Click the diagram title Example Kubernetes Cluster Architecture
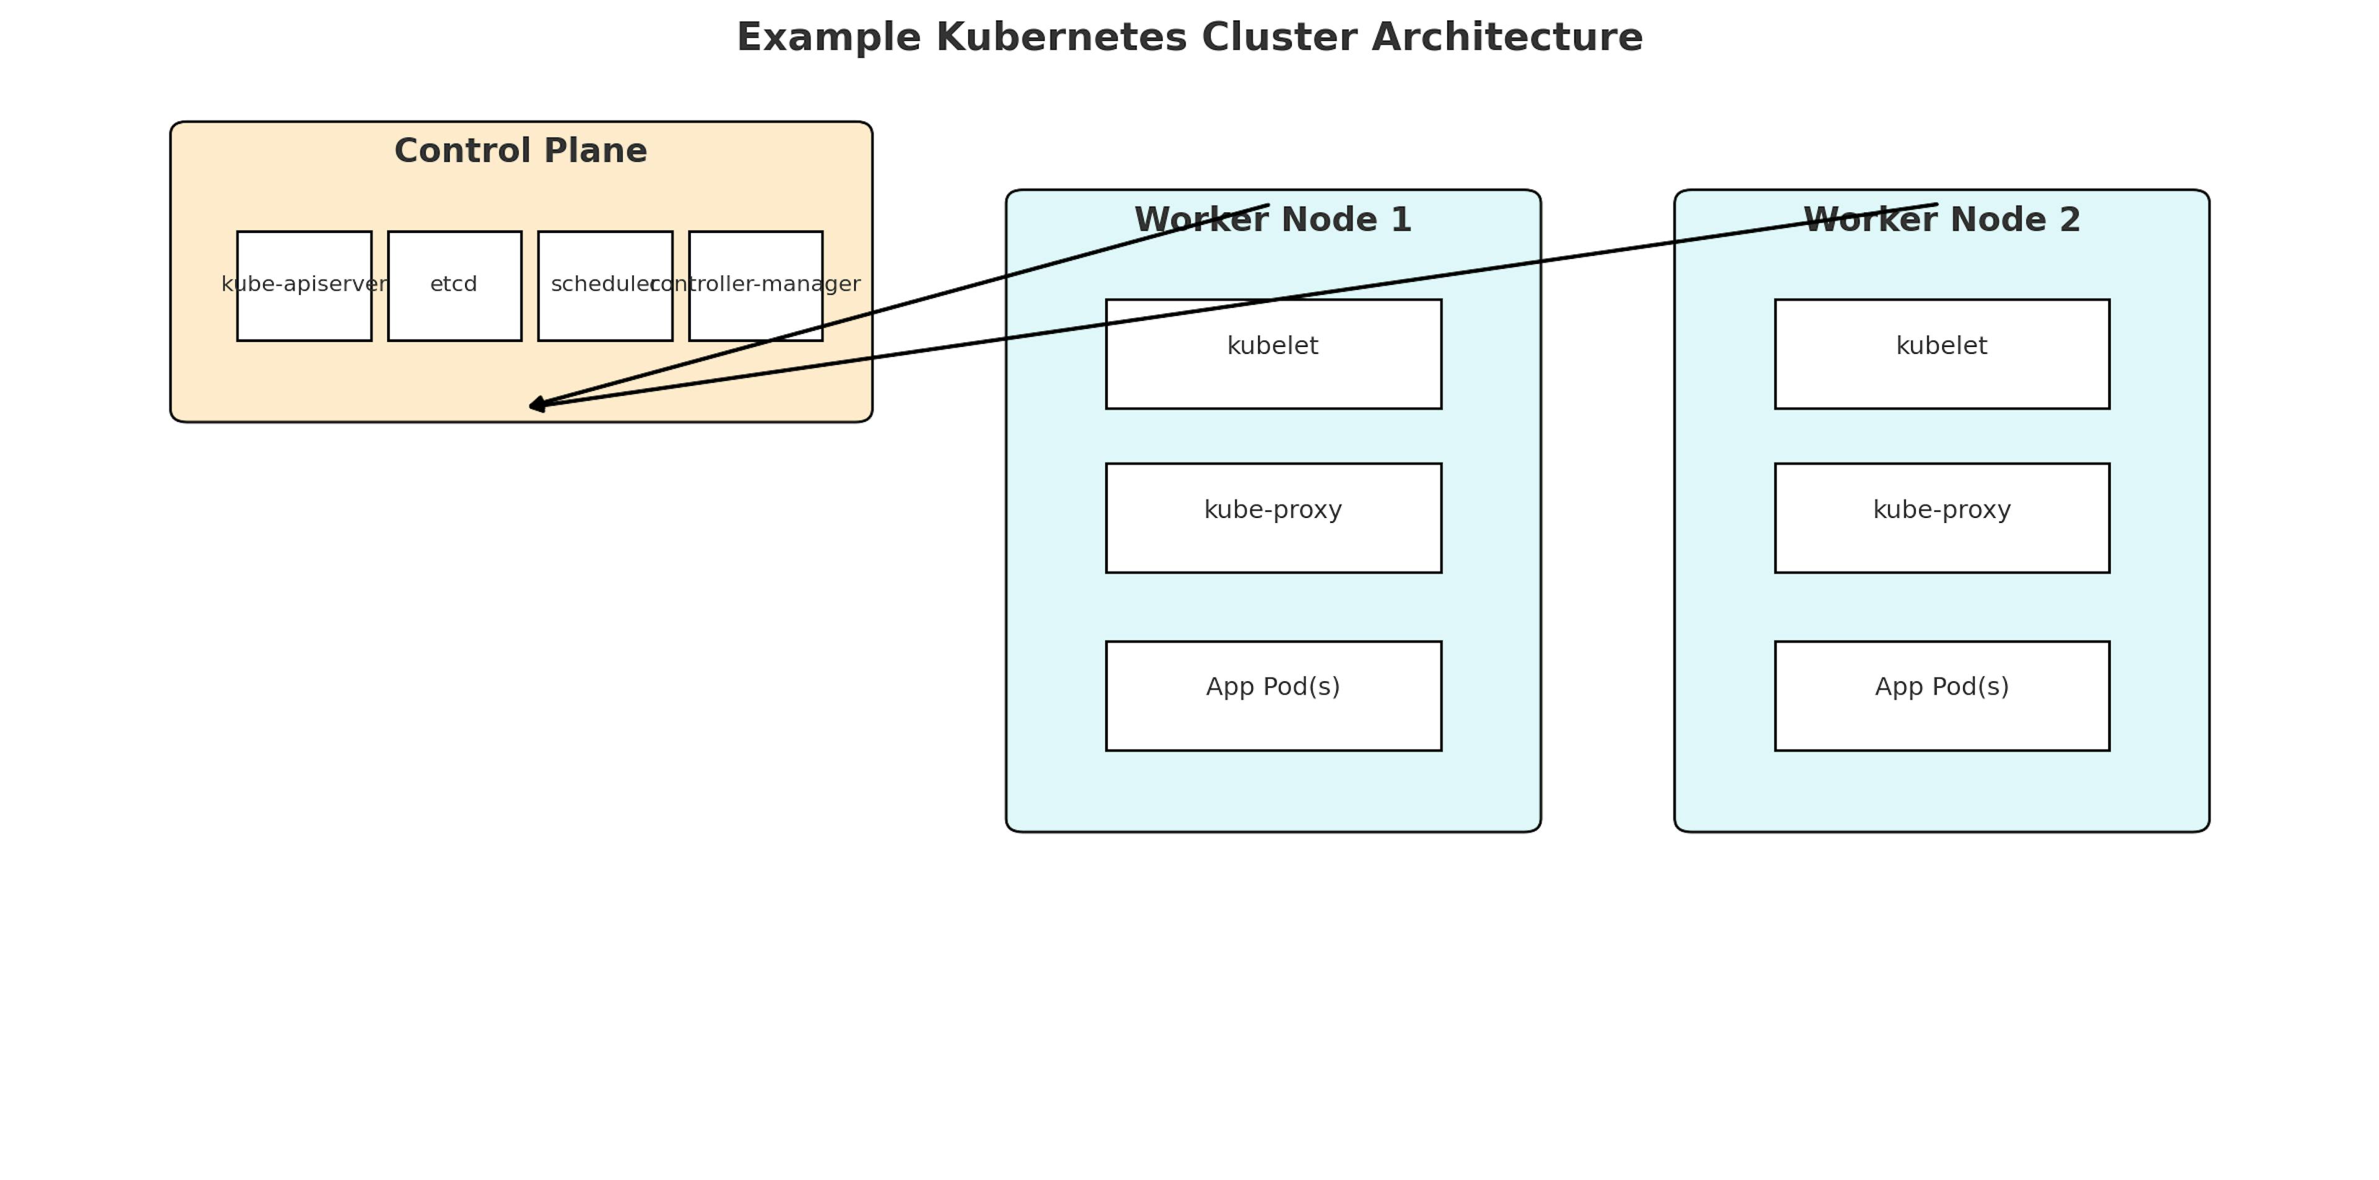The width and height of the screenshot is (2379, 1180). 1189,38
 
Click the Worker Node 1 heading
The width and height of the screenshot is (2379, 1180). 1273,220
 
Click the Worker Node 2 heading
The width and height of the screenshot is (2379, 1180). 1941,220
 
